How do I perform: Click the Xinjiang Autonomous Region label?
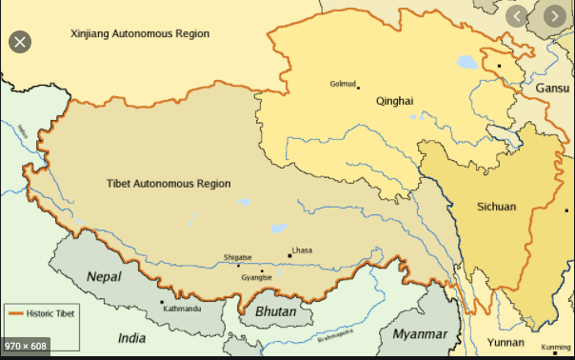[140, 33]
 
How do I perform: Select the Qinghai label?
[395, 100]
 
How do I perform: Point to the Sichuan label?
[496, 207]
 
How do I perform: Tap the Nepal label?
[105, 275]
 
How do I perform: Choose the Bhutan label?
[275, 312]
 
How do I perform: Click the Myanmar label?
[419, 334]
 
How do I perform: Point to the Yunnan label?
[506, 340]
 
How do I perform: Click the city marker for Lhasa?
[289, 255]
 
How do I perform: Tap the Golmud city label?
[342, 83]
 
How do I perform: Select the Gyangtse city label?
[257, 277]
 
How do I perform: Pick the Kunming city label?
[555, 347]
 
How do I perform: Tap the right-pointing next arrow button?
[555, 16]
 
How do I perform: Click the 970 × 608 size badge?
[27, 344]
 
